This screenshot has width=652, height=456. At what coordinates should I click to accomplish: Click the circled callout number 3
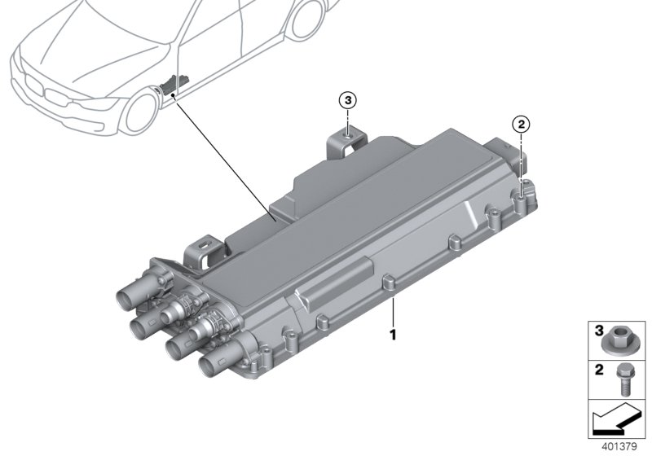tap(348, 100)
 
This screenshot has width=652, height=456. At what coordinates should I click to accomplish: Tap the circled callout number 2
tap(521, 125)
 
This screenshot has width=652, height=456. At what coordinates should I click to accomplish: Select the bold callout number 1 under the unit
tap(393, 334)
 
